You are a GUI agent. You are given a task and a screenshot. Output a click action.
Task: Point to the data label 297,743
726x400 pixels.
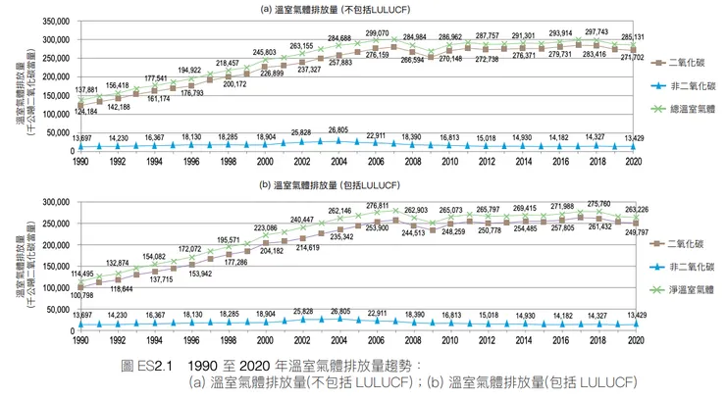click(597, 31)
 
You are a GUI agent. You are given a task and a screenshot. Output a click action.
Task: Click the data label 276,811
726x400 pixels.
click(378, 206)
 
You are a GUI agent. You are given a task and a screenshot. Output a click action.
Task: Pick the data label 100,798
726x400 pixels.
click(78, 294)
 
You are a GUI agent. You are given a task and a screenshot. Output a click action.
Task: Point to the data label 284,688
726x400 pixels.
click(339, 38)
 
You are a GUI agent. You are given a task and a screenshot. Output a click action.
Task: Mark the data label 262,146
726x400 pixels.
click(339, 211)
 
